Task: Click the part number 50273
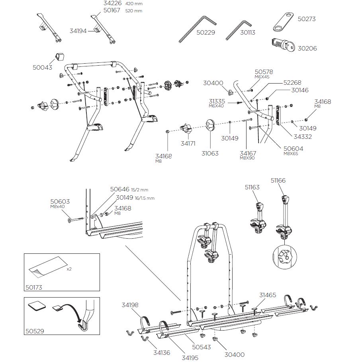click(x=306, y=19)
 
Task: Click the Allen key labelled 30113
click(x=239, y=29)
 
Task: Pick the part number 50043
click(x=42, y=67)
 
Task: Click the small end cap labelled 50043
click(x=60, y=56)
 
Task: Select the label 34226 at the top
click(x=112, y=3)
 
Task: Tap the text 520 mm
click(x=133, y=11)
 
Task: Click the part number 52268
click(x=292, y=83)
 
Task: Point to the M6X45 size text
click(x=262, y=77)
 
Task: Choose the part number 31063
click(x=210, y=153)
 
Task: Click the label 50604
click(x=293, y=148)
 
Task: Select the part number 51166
click(x=278, y=180)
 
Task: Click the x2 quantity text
click(x=69, y=269)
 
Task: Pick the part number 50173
click(x=34, y=288)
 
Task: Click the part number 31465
click(x=268, y=295)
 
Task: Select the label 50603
click(x=60, y=201)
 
